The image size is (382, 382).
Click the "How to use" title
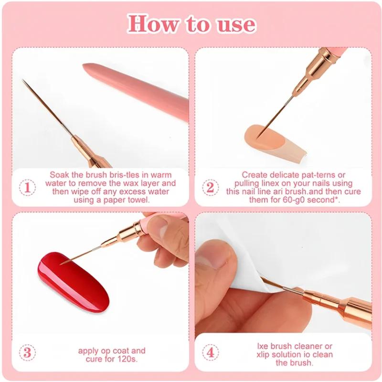(191, 24)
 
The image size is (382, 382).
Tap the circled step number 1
(27, 187)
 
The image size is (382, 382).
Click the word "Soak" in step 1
(59, 175)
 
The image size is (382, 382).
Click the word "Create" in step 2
(254, 175)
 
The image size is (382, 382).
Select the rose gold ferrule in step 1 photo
(86, 150)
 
